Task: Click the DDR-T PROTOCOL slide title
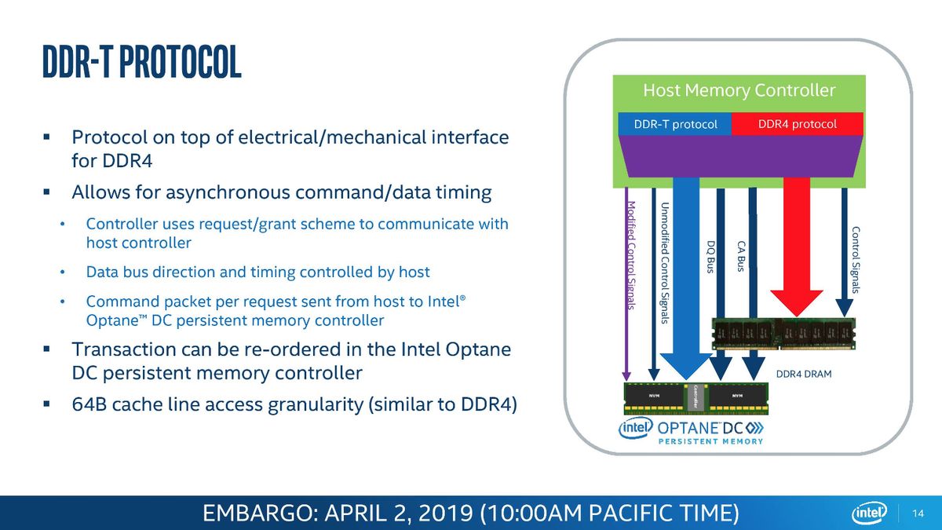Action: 142,62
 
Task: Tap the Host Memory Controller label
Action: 739,90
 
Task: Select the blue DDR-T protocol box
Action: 675,124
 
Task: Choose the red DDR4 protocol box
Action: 798,124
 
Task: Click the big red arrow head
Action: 797,302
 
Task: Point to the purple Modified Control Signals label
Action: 631,255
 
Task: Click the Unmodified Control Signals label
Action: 664,263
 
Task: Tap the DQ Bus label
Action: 710,257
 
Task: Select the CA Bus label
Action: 741,256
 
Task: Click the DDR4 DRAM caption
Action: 804,374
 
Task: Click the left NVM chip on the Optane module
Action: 654,396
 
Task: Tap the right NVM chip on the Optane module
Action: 737,396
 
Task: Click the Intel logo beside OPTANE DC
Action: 635,428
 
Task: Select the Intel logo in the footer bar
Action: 869,513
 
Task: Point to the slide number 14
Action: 918,514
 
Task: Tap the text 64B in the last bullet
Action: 89,404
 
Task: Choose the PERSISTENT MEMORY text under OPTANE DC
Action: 710,441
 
